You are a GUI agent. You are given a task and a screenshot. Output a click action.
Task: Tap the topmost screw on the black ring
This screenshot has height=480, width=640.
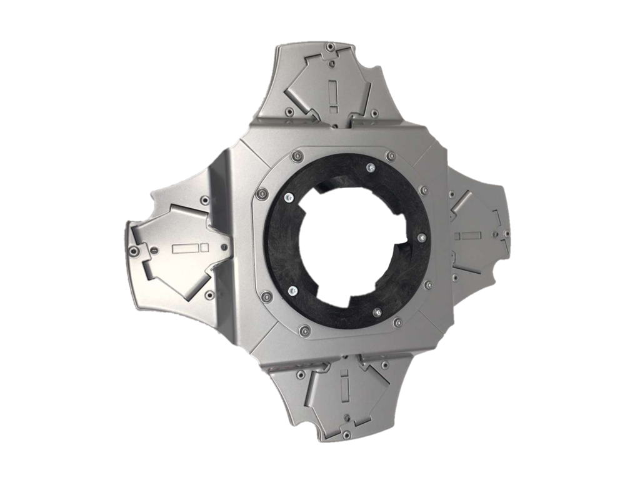(371, 167)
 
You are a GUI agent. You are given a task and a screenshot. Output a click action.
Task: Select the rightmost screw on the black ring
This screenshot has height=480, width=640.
(422, 237)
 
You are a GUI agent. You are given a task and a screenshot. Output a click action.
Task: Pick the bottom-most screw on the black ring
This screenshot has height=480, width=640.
(377, 311)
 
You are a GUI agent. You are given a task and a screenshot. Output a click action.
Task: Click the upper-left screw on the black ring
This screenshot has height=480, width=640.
(287, 198)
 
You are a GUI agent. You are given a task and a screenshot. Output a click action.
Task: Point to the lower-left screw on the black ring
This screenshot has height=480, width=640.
(292, 291)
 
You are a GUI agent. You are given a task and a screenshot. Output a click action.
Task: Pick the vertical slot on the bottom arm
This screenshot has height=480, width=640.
(344, 386)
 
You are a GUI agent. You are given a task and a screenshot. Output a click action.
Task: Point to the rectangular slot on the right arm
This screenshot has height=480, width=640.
(469, 236)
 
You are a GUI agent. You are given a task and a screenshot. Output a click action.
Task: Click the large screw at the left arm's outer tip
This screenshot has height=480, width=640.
(133, 251)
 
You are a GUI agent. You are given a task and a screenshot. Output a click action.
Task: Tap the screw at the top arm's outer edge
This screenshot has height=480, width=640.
(329, 46)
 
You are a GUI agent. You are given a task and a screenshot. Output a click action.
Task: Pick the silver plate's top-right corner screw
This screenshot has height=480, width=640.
(391, 156)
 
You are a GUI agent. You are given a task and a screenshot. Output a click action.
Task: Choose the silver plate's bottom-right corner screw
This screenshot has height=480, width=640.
(397, 323)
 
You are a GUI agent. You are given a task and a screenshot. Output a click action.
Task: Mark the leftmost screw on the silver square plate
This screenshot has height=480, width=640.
(262, 192)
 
